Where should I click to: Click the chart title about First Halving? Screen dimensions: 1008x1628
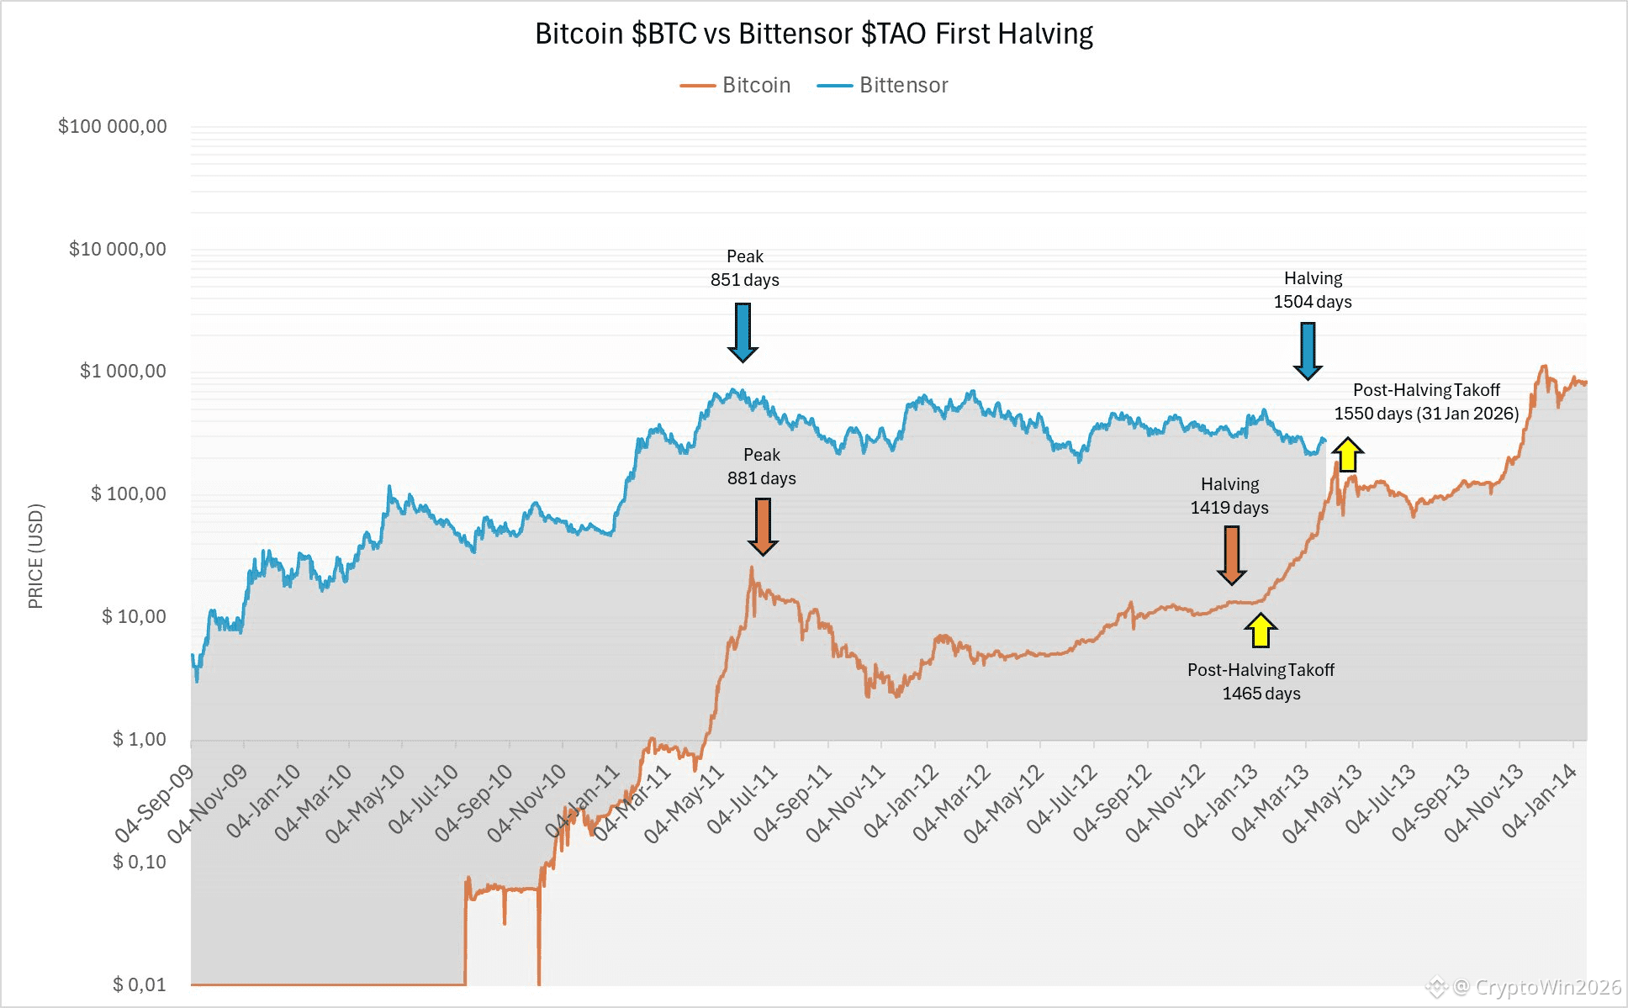[x=814, y=34]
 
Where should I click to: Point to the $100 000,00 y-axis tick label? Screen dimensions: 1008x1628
[x=113, y=126]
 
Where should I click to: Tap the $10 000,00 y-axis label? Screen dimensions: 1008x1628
[x=118, y=249]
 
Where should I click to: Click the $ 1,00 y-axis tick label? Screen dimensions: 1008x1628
[x=140, y=739]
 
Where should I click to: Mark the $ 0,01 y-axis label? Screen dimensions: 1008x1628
[x=140, y=984]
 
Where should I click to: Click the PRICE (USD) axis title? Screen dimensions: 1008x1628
[x=35, y=556]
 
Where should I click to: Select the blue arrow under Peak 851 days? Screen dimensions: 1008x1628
[x=743, y=333]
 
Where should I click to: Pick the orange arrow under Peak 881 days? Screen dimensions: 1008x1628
[x=763, y=526]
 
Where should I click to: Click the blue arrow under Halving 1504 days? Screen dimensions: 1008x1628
[x=1308, y=351]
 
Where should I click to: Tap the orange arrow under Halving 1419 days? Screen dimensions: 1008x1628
[x=1232, y=555]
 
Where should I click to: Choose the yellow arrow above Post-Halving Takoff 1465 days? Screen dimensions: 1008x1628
[x=1260, y=631]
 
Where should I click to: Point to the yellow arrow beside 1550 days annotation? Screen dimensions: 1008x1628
[x=1347, y=455]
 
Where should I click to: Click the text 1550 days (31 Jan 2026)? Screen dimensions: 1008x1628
[x=1426, y=414]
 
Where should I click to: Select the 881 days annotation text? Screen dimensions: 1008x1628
[x=761, y=478]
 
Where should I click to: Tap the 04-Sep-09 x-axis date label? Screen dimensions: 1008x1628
[x=155, y=803]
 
